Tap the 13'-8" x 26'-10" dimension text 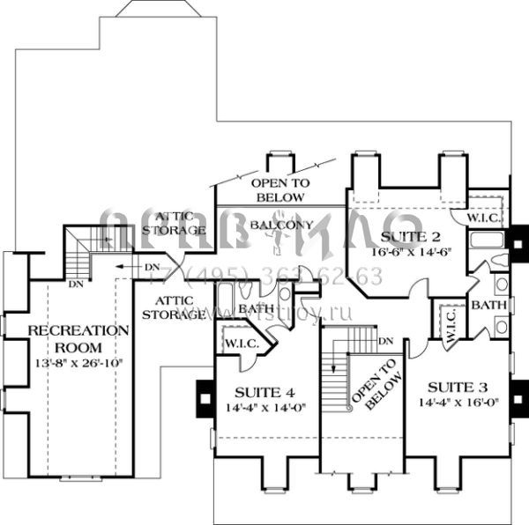pyautogui.click(x=78, y=361)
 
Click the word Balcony pyautogui.click(x=279, y=226)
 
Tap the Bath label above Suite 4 pyautogui.click(x=256, y=309)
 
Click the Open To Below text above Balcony pyautogui.click(x=279, y=189)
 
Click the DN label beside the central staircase pyautogui.click(x=384, y=342)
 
